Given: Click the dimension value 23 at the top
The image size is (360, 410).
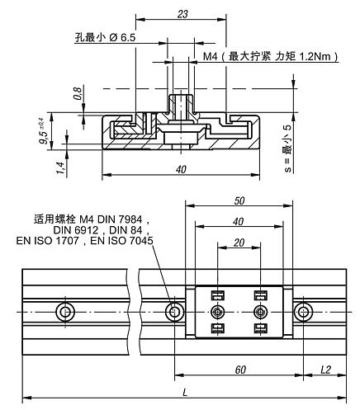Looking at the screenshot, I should (x=182, y=13).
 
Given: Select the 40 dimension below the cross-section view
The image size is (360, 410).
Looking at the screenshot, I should (x=181, y=168).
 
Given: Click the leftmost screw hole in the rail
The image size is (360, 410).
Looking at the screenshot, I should (x=65, y=312).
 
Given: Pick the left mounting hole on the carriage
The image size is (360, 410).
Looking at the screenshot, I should (x=217, y=312).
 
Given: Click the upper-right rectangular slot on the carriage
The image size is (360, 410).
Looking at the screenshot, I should (x=260, y=295).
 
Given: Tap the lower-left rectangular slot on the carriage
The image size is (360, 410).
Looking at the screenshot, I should (x=217, y=329).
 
